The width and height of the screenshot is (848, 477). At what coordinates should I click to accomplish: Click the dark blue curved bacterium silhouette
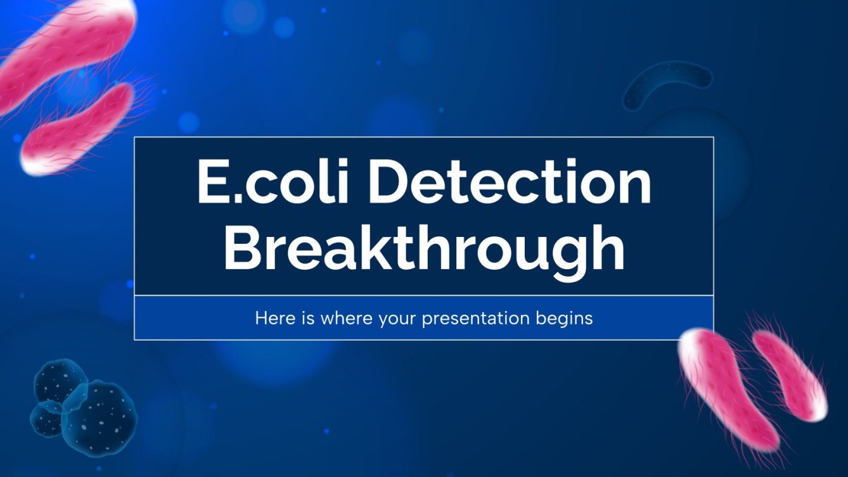click(x=665, y=79)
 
